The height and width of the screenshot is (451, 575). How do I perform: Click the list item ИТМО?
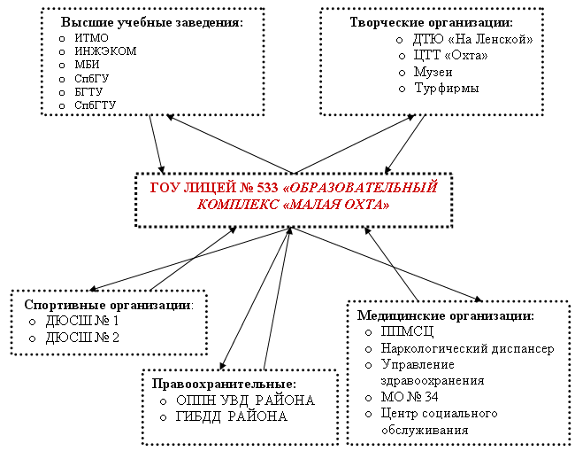[x=92, y=37]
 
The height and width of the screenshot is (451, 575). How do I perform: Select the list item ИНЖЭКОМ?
[x=106, y=51]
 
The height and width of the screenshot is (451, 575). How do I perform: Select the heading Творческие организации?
[x=431, y=22]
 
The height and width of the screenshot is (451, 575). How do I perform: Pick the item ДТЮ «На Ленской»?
[x=472, y=40]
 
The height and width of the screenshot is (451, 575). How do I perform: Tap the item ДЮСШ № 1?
[x=81, y=320]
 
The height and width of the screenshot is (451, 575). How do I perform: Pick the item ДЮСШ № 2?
[x=81, y=337]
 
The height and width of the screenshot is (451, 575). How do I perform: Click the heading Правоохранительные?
[x=223, y=384]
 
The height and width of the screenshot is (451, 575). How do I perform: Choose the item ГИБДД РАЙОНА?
[x=231, y=416]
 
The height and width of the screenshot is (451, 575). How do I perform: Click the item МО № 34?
[x=410, y=396]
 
